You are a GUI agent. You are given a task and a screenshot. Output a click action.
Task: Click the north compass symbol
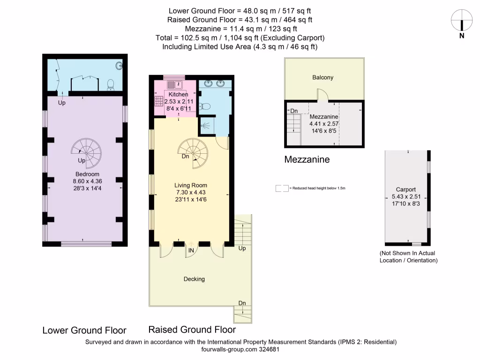pyautogui.click(x=462, y=21)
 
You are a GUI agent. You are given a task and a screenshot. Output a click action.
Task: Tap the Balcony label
pyautogui.click(x=323, y=77)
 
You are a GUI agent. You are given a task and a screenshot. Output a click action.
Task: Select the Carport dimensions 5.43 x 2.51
pyautogui.click(x=406, y=196)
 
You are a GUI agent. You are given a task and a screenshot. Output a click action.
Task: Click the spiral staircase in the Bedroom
pyautogui.click(x=86, y=152)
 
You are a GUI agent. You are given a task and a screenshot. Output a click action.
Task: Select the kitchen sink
pyautogui.click(x=174, y=84)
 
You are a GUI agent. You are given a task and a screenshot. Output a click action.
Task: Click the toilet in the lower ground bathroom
pyautogui.click(x=111, y=84)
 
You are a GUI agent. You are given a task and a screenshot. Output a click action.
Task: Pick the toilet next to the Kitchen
pyautogui.click(x=204, y=106)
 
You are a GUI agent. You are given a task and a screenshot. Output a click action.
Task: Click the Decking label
pyautogui.click(x=194, y=279)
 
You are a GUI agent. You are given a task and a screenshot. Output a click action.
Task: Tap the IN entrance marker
pyautogui.click(x=191, y=251)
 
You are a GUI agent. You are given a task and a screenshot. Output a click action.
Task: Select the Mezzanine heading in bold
pyautogui.click(x=307, y=159)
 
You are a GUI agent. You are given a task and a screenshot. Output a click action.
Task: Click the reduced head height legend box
pyautogui.click(x=282, y=188)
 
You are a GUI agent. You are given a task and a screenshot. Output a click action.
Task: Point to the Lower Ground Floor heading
pyautogui.click(x=84, y=330)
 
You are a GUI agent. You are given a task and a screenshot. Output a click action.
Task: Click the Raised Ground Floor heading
pyautogui.click(x=192, y=330)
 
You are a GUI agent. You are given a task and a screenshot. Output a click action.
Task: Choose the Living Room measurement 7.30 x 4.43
pyautogui.click(x=191, y=192)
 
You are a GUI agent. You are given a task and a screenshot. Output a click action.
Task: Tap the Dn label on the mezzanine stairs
pyautogui.click(x=294, y=111)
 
